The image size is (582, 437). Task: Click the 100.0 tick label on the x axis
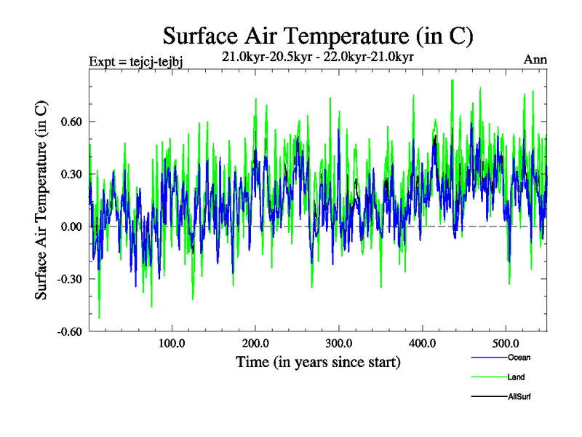tap(171, 343)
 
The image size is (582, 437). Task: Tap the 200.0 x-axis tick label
tap(255, 343)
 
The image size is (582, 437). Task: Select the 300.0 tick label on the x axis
tap(338, 343)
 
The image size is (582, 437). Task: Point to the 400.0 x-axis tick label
tap(422, 343)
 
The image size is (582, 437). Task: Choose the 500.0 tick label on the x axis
tap(506, 343)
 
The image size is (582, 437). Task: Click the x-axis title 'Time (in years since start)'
tap(318, 361)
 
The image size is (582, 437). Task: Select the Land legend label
tap(516, 377)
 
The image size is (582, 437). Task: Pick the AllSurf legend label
tap(519, 397)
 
